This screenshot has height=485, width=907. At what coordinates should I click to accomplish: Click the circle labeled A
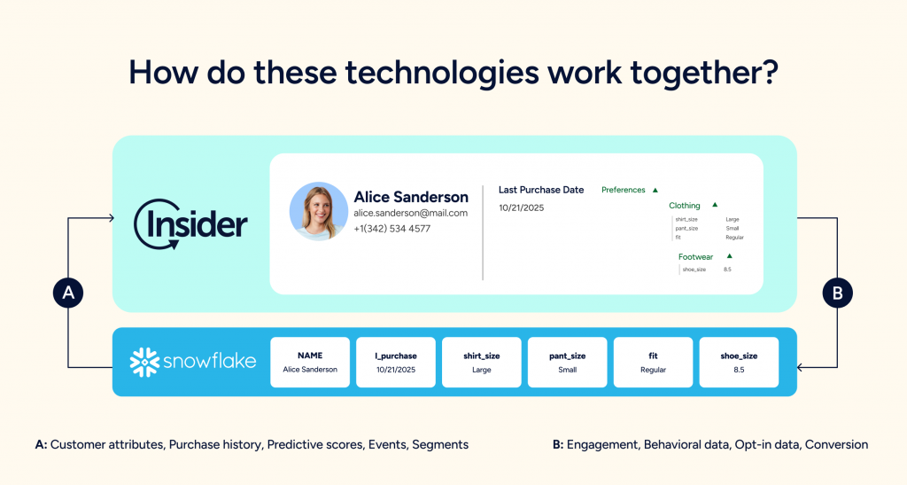pos(68,293)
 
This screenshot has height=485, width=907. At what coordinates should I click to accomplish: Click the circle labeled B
pos(838,293)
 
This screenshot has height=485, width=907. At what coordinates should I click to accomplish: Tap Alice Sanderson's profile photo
pos(319,211)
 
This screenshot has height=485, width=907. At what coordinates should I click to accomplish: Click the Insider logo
pos(191,224)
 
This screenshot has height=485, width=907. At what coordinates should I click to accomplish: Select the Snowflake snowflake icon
pos(144,363)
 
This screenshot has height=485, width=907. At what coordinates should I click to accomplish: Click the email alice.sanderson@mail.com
pos(411,213)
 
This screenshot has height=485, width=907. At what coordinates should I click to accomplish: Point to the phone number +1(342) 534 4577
pos(392,229)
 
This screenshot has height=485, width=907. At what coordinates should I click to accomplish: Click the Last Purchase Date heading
pos(541,190)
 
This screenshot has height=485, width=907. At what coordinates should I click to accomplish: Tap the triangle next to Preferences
pos(655,190)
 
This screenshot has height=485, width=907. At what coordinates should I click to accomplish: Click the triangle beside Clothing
pos(715,205)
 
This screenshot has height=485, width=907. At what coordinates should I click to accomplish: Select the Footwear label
pos(696,257)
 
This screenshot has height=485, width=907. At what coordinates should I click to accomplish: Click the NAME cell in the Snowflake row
pos(310,363)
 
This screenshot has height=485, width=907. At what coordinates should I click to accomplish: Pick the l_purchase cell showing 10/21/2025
pos(396,363)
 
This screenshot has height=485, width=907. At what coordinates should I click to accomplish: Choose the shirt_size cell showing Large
pos(481,363)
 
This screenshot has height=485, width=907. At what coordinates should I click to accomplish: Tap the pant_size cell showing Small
pos(568,363)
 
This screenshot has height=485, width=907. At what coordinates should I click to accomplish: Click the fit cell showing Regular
pos(653,363)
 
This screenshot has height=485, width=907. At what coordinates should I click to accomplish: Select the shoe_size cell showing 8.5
pos(739,363)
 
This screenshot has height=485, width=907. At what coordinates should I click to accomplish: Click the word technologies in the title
pos(441,74)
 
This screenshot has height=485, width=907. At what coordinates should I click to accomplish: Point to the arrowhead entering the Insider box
pos(111,218)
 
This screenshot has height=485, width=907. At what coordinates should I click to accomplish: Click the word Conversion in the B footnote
pos(836,444)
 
